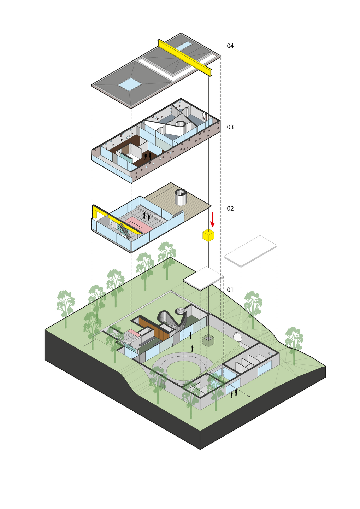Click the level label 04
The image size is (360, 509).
coord(230,46)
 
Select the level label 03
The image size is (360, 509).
coord(230,127)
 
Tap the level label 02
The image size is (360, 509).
coord(230,209)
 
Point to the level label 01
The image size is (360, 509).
coord(230,290)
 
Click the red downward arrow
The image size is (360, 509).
coord(212,220)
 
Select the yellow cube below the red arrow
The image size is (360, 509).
coord(208,235)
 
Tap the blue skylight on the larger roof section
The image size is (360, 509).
coord(130,84)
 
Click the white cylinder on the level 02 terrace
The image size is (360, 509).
coord(181,197)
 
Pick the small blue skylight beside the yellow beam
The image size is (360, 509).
coord(183,46)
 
